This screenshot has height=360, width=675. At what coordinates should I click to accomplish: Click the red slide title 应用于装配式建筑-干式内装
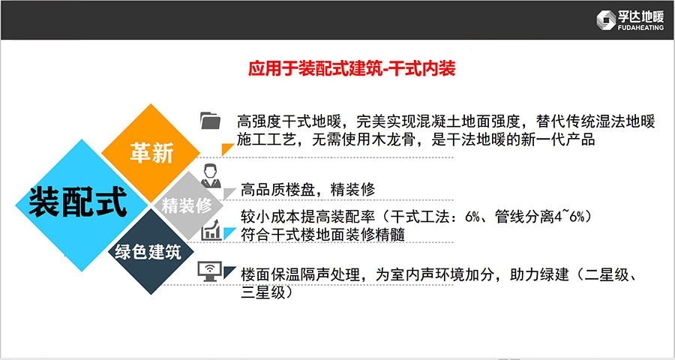(352, 68)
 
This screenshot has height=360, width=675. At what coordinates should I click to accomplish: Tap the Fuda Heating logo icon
(606, 20)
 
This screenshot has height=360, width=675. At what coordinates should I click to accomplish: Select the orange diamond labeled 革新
(151, 153)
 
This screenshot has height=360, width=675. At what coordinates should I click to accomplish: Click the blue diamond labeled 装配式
(81, 205)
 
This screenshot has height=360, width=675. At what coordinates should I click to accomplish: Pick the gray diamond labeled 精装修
(187, 206)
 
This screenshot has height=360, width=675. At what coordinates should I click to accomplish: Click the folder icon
(211, 120)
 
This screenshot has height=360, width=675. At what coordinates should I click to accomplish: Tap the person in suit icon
(211, 175)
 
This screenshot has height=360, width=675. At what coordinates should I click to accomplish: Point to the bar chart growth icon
(211, 230)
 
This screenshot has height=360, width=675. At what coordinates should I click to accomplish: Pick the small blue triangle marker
(228, 233)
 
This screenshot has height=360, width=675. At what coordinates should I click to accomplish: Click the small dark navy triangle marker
(229, 271)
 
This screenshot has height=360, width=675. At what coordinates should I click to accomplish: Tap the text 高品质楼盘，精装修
(307, 190)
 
